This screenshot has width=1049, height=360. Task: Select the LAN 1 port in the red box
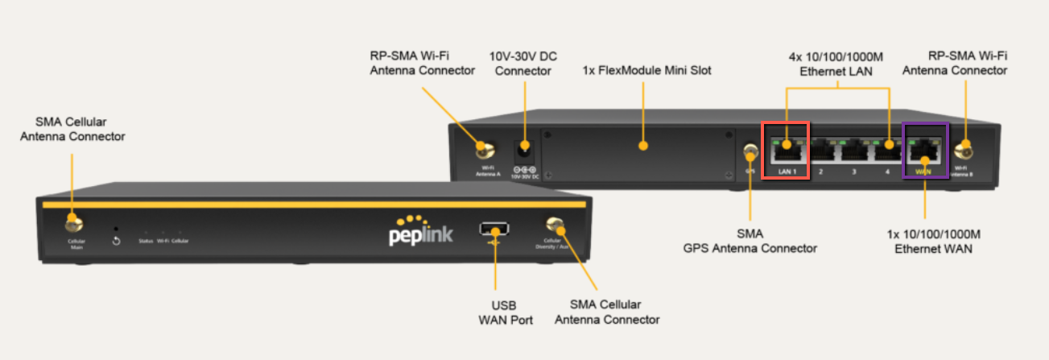[786, 147]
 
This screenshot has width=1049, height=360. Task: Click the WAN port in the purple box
[924, 147]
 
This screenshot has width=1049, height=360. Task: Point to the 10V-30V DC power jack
[524, 148]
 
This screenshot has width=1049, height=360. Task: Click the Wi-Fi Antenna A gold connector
[484, 149]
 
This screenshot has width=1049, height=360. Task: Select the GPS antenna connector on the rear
[750, 151]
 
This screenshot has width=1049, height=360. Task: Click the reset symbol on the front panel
[117, 241]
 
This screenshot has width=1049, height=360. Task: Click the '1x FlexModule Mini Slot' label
[646, 70]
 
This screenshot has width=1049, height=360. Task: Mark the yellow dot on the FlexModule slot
[642, 146]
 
